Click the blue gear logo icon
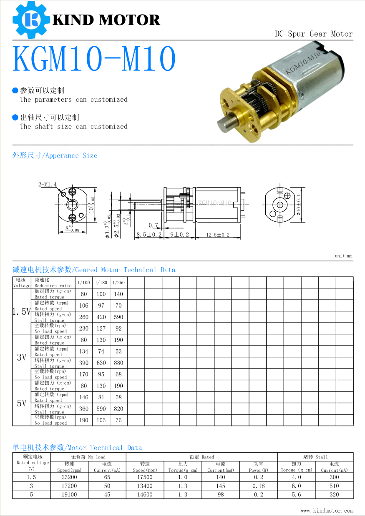pyautogui.click(x=30, y=19)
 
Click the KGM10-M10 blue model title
pyautogui.click(x=94, y=60)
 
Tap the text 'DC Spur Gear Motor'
pyautogui.click(x=314, y=34)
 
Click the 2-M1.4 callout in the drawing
pyautogui.click(x=48, y=184)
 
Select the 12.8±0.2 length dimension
pyautogui.click(x=218, y=235)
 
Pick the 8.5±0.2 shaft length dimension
pyautogui.click(x=149, y=235)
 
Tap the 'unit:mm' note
pyautogui.click(x=343, y=256)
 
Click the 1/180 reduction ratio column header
pyautogui.click(x=101, y=283)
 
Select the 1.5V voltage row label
pyautogui.click(x=22, y=311)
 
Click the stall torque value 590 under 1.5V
pyautogui.click(x=118, y=317)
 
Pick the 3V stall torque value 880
pyautogui.click(x=118, y=363)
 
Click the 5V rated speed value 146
pyautogui.click(x=84, y=398)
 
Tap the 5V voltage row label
pyautogui.click(x=22, y=403)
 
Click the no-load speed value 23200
pyautogui.click(x=69, y=477)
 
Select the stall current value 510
pyautogui.click(x=334, y=486)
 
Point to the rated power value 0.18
pyautogui.click(x=258, y=486)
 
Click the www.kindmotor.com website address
pyautogui.click(x=327, y=511)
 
